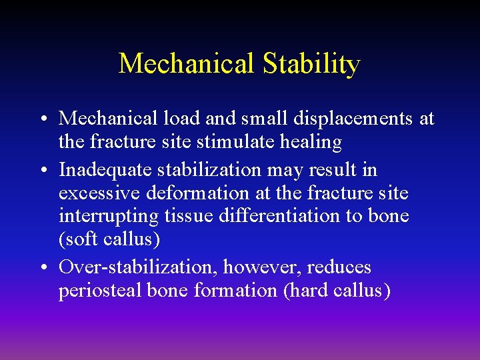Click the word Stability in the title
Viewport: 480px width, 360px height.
coord(311,64)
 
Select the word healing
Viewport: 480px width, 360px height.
coord(309,142)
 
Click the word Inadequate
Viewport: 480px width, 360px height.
coord(105,170)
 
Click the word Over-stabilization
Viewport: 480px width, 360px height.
coord(138,267)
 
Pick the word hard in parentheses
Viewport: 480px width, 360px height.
coord(309,291)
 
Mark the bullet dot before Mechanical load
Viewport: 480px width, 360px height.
coord(42,119)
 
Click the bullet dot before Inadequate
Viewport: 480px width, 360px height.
coord(42,171)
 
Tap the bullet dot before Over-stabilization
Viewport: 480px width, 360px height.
coord(42,268)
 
